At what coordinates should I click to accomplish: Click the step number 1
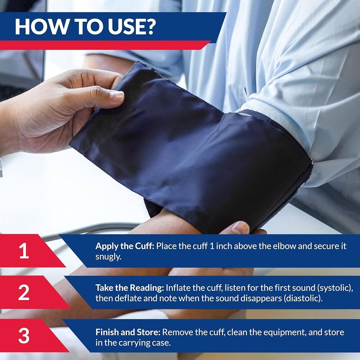click(24, 251)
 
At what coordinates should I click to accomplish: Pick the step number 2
click(24, 293)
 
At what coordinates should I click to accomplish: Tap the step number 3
click(24, 336)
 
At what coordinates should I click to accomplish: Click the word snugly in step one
click(107, 257)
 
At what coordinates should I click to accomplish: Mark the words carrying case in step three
click(150, 342)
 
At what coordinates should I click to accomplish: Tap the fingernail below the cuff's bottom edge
click(240, 227)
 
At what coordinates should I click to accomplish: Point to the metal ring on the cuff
click(312, 162)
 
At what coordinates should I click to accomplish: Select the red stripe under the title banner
click(104, 45)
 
